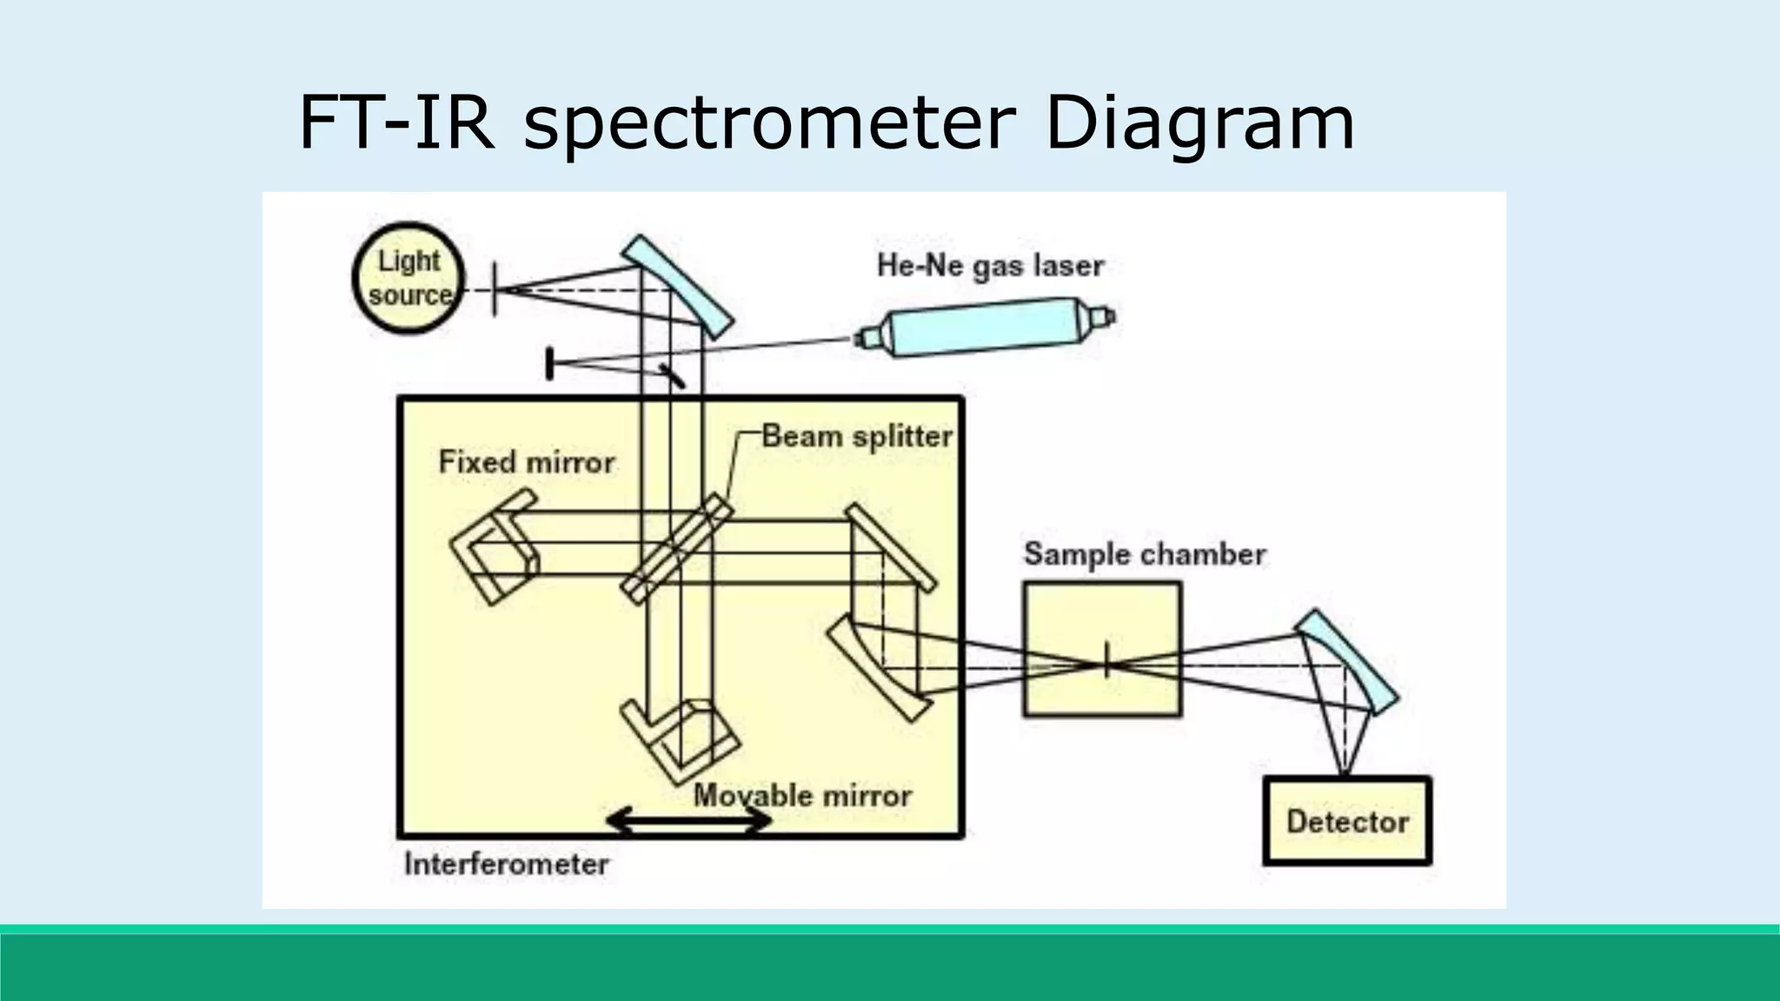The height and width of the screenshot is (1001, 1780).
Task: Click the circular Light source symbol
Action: pos(408,278)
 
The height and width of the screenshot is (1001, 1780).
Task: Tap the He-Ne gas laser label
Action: pos(990,265)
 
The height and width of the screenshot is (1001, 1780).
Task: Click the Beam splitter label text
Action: pos(856,436)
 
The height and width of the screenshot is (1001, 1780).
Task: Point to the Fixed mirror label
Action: pos(526,461)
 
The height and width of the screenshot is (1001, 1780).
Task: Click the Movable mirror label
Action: pos(802,795)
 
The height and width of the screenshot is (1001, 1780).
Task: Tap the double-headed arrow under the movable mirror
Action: pos(689,821)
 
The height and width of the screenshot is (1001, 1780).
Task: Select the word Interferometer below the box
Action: pos(506,864)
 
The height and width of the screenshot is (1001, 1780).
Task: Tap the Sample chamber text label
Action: pos(1144,554)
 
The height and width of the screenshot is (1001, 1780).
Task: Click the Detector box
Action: pos(1346,821)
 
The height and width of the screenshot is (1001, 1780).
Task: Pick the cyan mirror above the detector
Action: pos(1346,660)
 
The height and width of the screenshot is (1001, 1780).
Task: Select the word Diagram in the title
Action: pos(1199,123)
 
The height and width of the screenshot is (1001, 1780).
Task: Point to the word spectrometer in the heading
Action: pos(769,123)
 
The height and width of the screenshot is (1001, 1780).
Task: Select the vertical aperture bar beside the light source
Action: pos(495,288)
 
